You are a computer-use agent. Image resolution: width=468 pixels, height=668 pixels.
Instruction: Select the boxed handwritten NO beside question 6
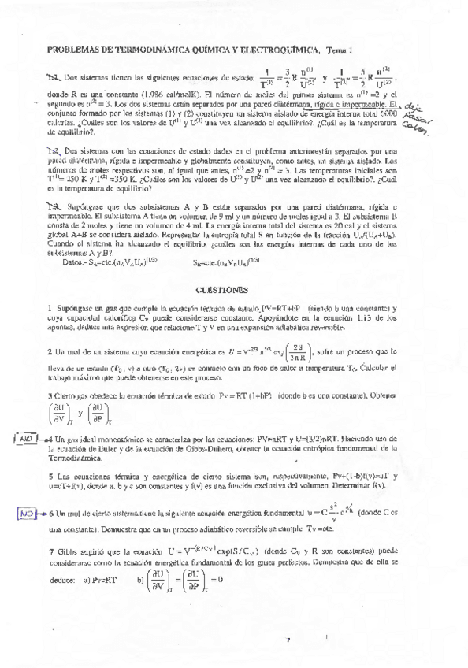pos(28,513)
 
